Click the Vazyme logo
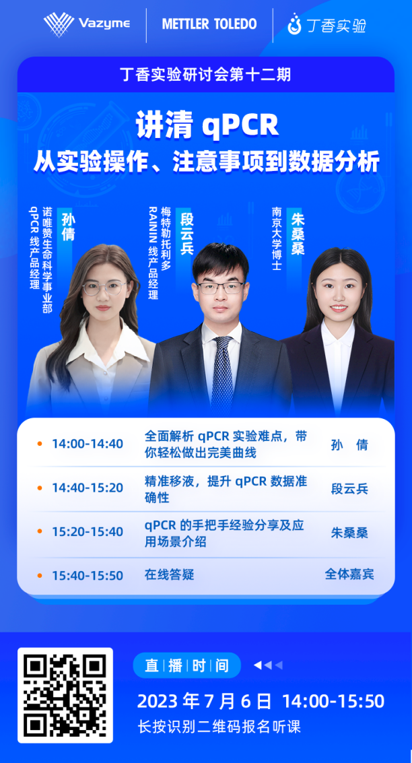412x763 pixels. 87,24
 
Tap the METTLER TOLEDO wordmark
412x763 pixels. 209,24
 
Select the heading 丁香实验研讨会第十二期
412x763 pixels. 205,75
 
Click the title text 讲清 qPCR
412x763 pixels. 207,126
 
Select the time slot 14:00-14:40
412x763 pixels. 88,444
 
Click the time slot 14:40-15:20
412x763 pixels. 88,488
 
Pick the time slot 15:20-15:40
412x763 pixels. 88,532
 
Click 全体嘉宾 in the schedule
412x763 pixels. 349,574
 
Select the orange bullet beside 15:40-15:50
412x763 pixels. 40,576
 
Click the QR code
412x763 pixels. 65,696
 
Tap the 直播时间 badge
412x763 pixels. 186,665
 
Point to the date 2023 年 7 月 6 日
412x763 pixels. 204,701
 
